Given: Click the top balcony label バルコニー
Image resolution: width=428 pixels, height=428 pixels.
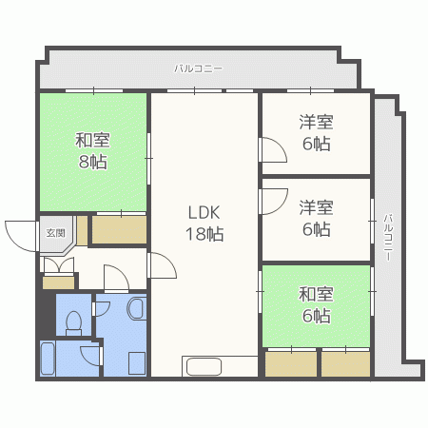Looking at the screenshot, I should (x=198, y=68).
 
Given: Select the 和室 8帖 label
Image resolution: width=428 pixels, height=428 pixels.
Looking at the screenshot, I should (x=92, y=151).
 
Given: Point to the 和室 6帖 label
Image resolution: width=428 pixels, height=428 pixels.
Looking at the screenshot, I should (x=316, y=305).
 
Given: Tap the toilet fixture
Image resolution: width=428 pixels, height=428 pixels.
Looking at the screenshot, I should (x=70, y=320).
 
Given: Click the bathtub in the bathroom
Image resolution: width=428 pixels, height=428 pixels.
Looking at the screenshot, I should (x=47, y=359).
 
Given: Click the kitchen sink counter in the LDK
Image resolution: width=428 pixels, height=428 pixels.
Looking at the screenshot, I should (x=204, y=366).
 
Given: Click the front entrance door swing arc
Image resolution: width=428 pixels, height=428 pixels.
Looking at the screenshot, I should (x=21, y=235).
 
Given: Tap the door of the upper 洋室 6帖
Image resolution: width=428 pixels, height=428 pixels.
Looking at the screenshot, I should (x=272, y=151).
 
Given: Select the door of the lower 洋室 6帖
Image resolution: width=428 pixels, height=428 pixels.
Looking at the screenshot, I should (x=272, y=203).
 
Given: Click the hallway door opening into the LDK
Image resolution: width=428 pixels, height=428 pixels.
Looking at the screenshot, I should (x=161, y=267).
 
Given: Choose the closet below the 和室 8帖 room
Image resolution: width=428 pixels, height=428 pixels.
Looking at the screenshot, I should (x=119, y=230).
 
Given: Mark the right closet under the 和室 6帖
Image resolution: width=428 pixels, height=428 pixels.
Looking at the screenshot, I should (x=344, y=364).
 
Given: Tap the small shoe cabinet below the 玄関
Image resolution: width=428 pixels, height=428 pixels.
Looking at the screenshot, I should (x=58, y=282).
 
